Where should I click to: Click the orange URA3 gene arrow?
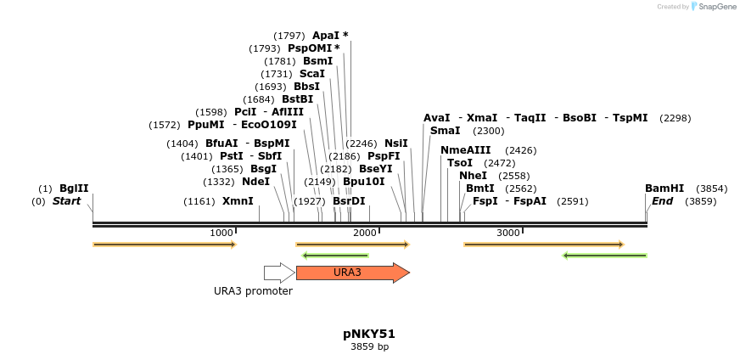[x=351, y=273]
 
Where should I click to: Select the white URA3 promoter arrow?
[x=279, y=273]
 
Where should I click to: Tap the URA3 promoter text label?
[x=253, y=291]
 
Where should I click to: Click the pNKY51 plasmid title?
[x=369, y=334]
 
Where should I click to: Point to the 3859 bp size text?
[x=369, y=346]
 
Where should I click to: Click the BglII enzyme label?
[x=74, y=188]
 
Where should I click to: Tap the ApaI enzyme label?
[x=326, y=36]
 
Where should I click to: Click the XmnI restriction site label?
[x=238, y=201]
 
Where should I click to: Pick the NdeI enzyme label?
[x=255, y=181]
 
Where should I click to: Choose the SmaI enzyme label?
[x=445, y=131]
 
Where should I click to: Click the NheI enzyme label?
[x=473, y=175]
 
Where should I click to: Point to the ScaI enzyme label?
[x=312, y=74]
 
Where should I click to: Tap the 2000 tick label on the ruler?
[x=365, y=233]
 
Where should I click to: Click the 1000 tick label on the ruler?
[x=221, y=233]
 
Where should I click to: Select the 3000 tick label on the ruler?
[x=508, y=233]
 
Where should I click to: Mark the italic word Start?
[x=66, y=201]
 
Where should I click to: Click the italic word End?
[x=662, y=201]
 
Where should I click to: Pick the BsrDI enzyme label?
[x=349, y=201]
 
